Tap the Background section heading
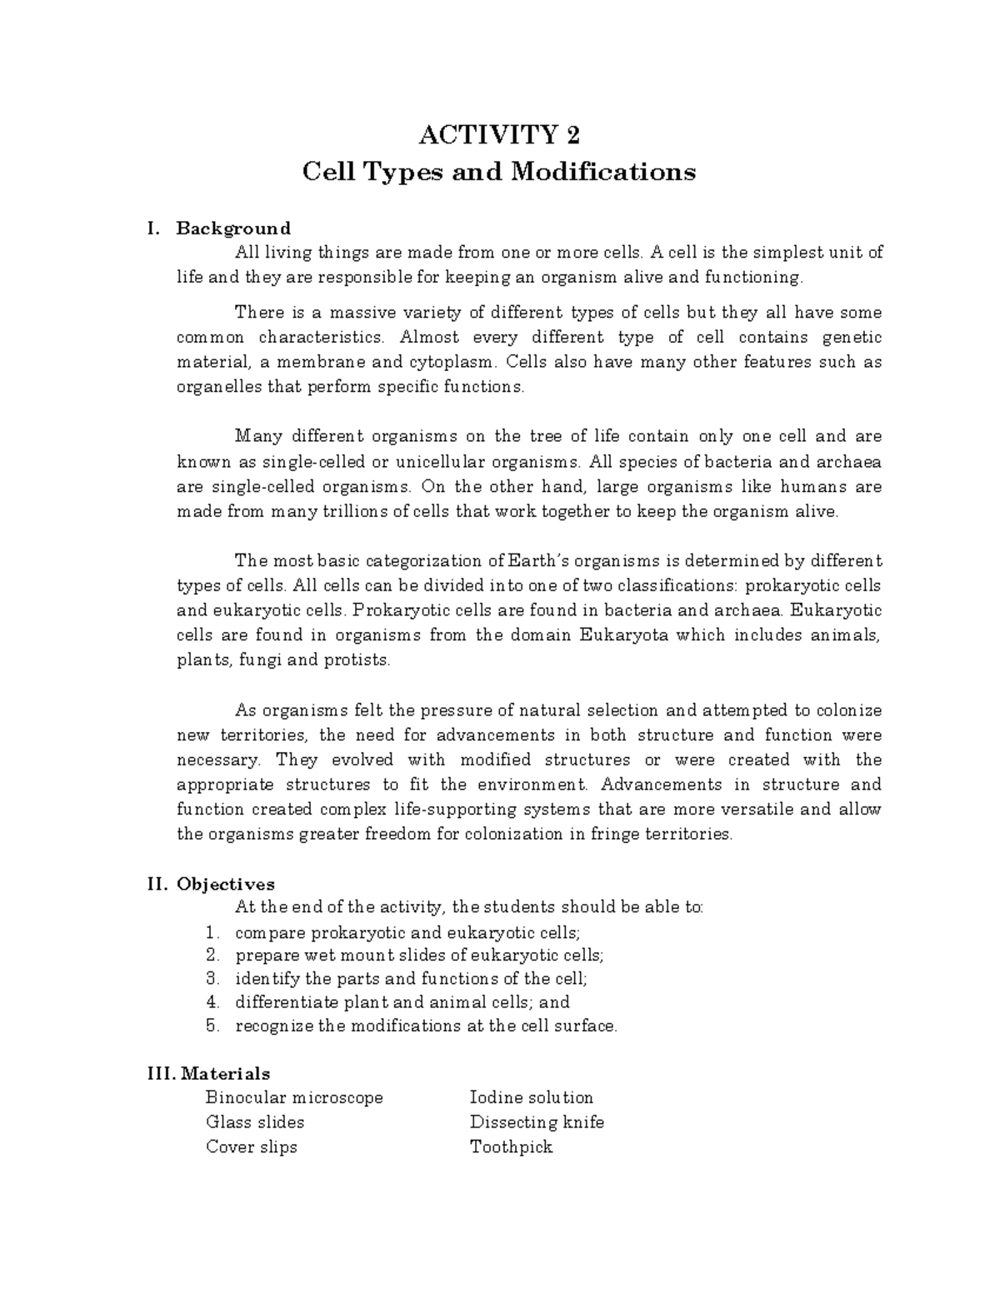pos(233,228)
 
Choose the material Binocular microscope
pos(294,1097)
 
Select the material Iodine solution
pos(531,1097)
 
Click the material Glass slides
pos(255,1122)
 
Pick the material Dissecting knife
pos(537,1122)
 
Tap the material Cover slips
pos(251,1147)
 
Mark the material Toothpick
pos(511,1147)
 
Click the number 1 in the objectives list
pos(212,932)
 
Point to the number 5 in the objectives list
pos(212,1026)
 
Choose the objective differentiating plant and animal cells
pos(402,1002)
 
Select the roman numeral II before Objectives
pos(157,884)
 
